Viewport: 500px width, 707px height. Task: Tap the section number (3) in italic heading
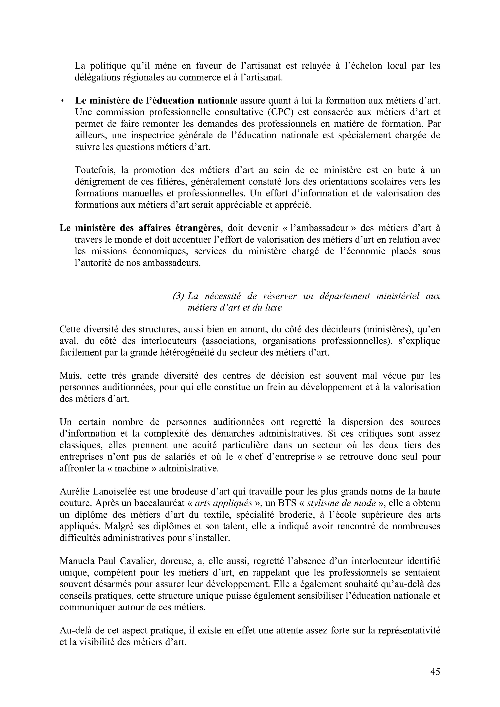(x=178, y=296)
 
